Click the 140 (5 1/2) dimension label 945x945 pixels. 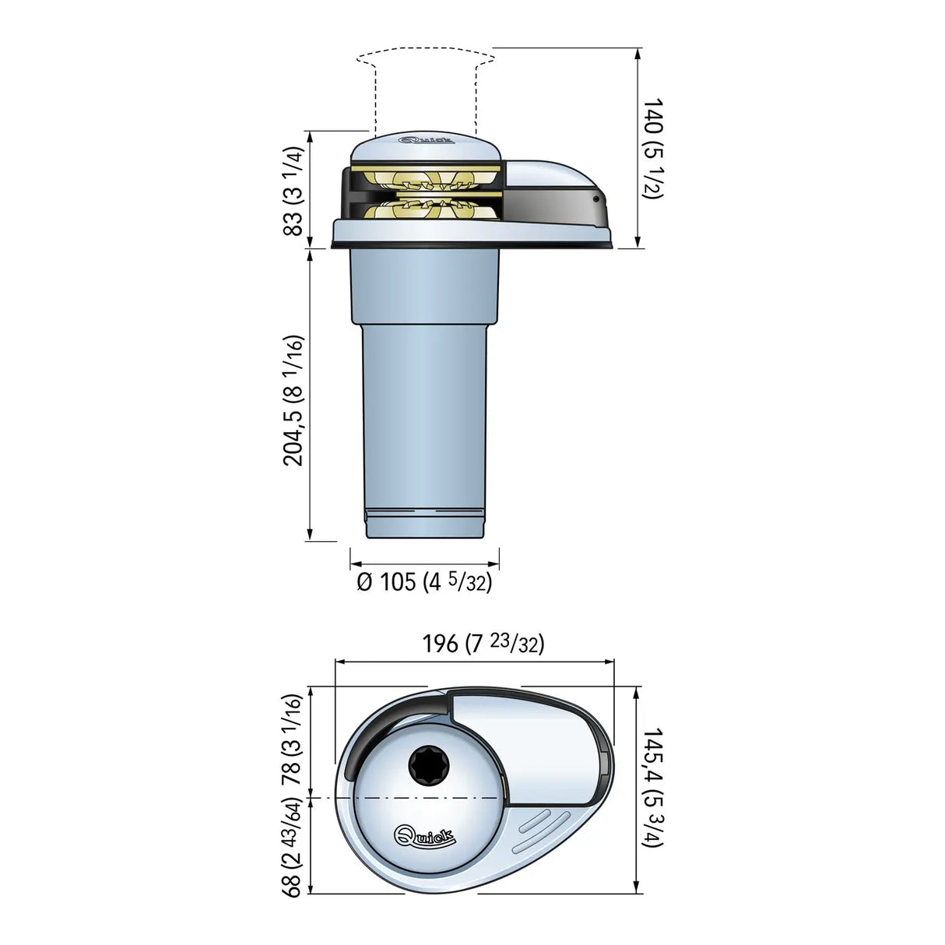point(652,148)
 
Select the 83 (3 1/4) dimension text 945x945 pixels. point(293,191)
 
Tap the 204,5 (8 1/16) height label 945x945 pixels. point(293,400)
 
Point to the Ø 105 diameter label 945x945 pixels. point(424,581)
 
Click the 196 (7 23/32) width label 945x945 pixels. point(483,644)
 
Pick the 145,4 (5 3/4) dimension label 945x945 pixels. point(652,787)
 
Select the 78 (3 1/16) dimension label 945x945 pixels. point(291,739)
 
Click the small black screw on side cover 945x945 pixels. point(596,199)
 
